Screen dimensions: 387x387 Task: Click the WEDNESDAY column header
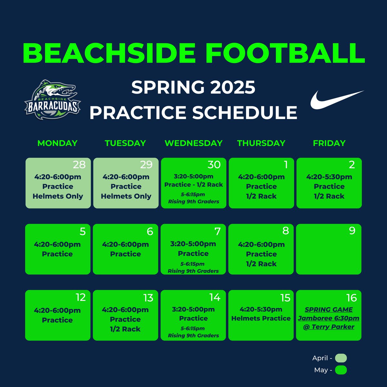pos(193,143)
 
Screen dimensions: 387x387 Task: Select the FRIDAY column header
pos(329,143)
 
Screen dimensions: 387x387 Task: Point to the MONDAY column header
pos(57,143)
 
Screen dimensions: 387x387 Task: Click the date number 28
pos(79,165)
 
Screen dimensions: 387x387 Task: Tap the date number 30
pos(214,165)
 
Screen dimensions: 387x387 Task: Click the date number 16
pos(351,298)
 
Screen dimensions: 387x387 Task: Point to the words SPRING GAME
pos(329,310)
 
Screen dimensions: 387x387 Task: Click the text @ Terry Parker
pos(329,327)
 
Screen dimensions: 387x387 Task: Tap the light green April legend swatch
pos(341,358)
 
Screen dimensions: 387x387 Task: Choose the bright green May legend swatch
pos(341,370)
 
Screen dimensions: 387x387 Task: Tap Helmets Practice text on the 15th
pos(261,318)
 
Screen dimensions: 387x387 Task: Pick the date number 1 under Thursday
pos(286,165)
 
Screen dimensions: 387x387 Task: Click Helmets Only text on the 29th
pos(126,196)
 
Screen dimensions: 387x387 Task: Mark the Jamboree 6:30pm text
pos(329,318)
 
